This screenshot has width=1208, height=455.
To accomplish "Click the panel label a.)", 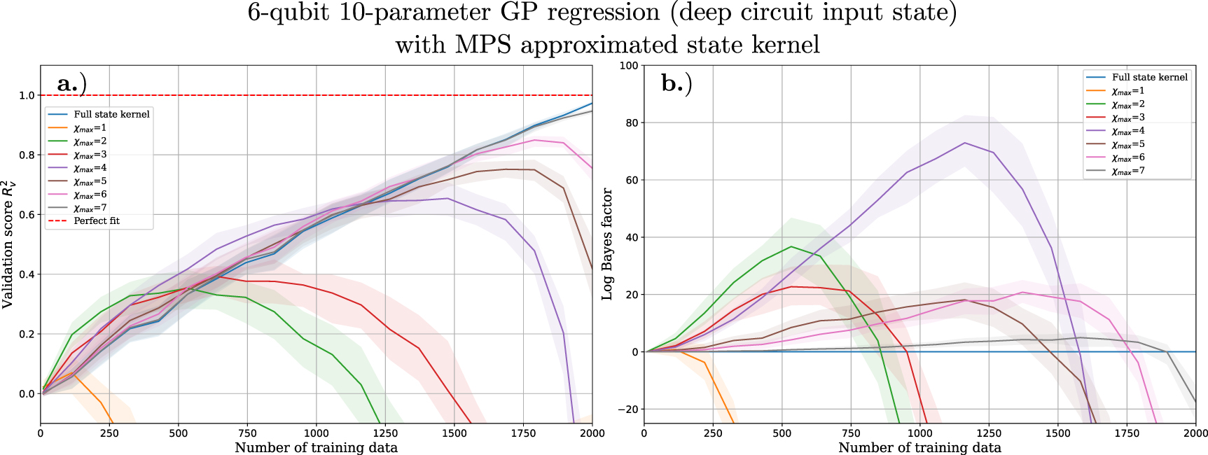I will tap(71, 84).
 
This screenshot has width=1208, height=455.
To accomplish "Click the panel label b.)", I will tap(676, 84).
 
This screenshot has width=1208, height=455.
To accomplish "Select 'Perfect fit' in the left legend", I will tap(97, 220).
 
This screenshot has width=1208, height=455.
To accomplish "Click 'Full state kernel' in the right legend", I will tap(1149, 77).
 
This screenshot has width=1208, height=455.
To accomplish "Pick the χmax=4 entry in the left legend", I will tap(90, 168).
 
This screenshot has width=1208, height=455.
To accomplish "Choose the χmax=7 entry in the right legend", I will tap(1127, 171).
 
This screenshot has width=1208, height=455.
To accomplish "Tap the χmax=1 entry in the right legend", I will tap(1127, 91).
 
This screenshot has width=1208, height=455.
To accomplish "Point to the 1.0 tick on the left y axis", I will tap(27, 95).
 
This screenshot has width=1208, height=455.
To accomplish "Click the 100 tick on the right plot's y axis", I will tap(628, 66).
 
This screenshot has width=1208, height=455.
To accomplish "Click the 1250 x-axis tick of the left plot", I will tap(385, 433).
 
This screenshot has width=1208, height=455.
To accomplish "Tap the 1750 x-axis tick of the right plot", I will tap(1127, 433).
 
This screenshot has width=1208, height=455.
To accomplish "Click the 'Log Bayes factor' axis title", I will tap(608, 244).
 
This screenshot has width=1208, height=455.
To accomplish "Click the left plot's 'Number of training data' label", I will tap(316, 448).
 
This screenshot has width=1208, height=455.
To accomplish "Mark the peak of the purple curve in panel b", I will tap(964, 143).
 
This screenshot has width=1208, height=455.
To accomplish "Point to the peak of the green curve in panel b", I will tap(791, 246).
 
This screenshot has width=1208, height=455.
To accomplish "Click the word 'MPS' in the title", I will tap(482, 45).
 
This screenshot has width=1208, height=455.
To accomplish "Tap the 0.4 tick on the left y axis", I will tap(27, 274).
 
